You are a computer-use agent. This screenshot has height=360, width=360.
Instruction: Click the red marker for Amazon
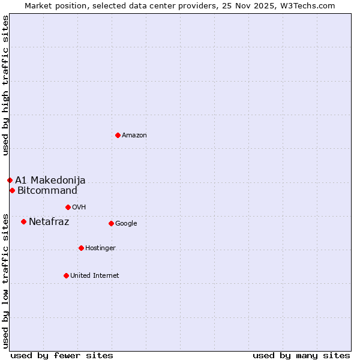point(118,135)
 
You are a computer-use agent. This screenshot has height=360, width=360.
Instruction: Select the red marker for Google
point(111,223)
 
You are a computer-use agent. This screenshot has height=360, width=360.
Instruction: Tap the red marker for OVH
point(68,207)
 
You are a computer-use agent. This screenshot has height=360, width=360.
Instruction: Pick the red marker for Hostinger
point(81,248)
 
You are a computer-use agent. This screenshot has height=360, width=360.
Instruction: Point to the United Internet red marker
point(66,275)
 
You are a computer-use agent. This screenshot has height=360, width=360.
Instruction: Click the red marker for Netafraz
point(23,221)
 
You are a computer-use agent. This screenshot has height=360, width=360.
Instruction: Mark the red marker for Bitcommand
point(12,190)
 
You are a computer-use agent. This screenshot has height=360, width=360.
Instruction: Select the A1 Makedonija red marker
point(10,180)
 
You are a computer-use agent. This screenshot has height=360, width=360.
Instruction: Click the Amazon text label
point(134,136)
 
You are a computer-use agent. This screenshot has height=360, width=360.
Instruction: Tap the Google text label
point(126,224)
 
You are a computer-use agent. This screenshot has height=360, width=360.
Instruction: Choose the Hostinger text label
point(100,248)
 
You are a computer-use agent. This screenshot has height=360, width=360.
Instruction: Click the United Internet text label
point(94,276)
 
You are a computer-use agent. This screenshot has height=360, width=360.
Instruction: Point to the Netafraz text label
point(49,222)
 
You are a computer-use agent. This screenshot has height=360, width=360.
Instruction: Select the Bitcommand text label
point(47,191)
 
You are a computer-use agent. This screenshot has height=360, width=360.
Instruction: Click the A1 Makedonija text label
point(50,181)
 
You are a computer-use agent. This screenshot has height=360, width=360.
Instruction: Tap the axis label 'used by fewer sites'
point(62,355)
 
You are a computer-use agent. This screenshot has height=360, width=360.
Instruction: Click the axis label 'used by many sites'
point(301,355)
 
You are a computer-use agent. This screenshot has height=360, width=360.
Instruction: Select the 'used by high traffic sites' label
point(5,86)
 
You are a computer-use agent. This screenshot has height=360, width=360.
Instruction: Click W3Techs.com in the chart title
point(308,5)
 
